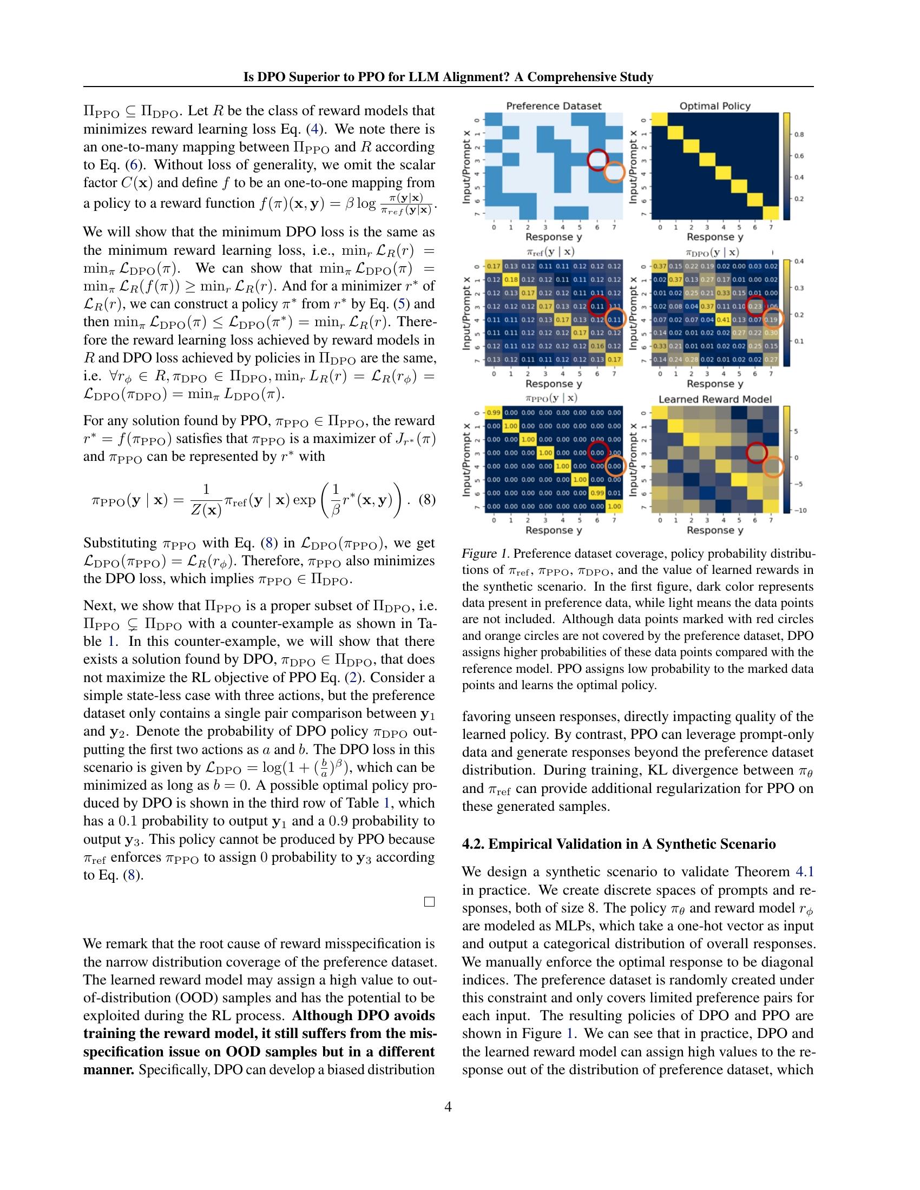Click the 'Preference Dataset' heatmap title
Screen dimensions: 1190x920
click(553, 105)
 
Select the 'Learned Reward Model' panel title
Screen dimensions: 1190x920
click(714, 399)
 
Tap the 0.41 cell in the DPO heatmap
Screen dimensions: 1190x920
click(723, 319)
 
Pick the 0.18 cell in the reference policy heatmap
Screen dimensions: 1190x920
click(511, 280)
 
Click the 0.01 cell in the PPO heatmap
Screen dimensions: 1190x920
click(614, 493)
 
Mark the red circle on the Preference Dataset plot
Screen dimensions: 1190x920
click(598, 158)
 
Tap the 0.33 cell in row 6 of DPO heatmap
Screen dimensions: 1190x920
click(660, 346)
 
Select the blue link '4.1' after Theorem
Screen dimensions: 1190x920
click(804, 871)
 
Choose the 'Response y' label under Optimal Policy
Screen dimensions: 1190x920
click(714, 237)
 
